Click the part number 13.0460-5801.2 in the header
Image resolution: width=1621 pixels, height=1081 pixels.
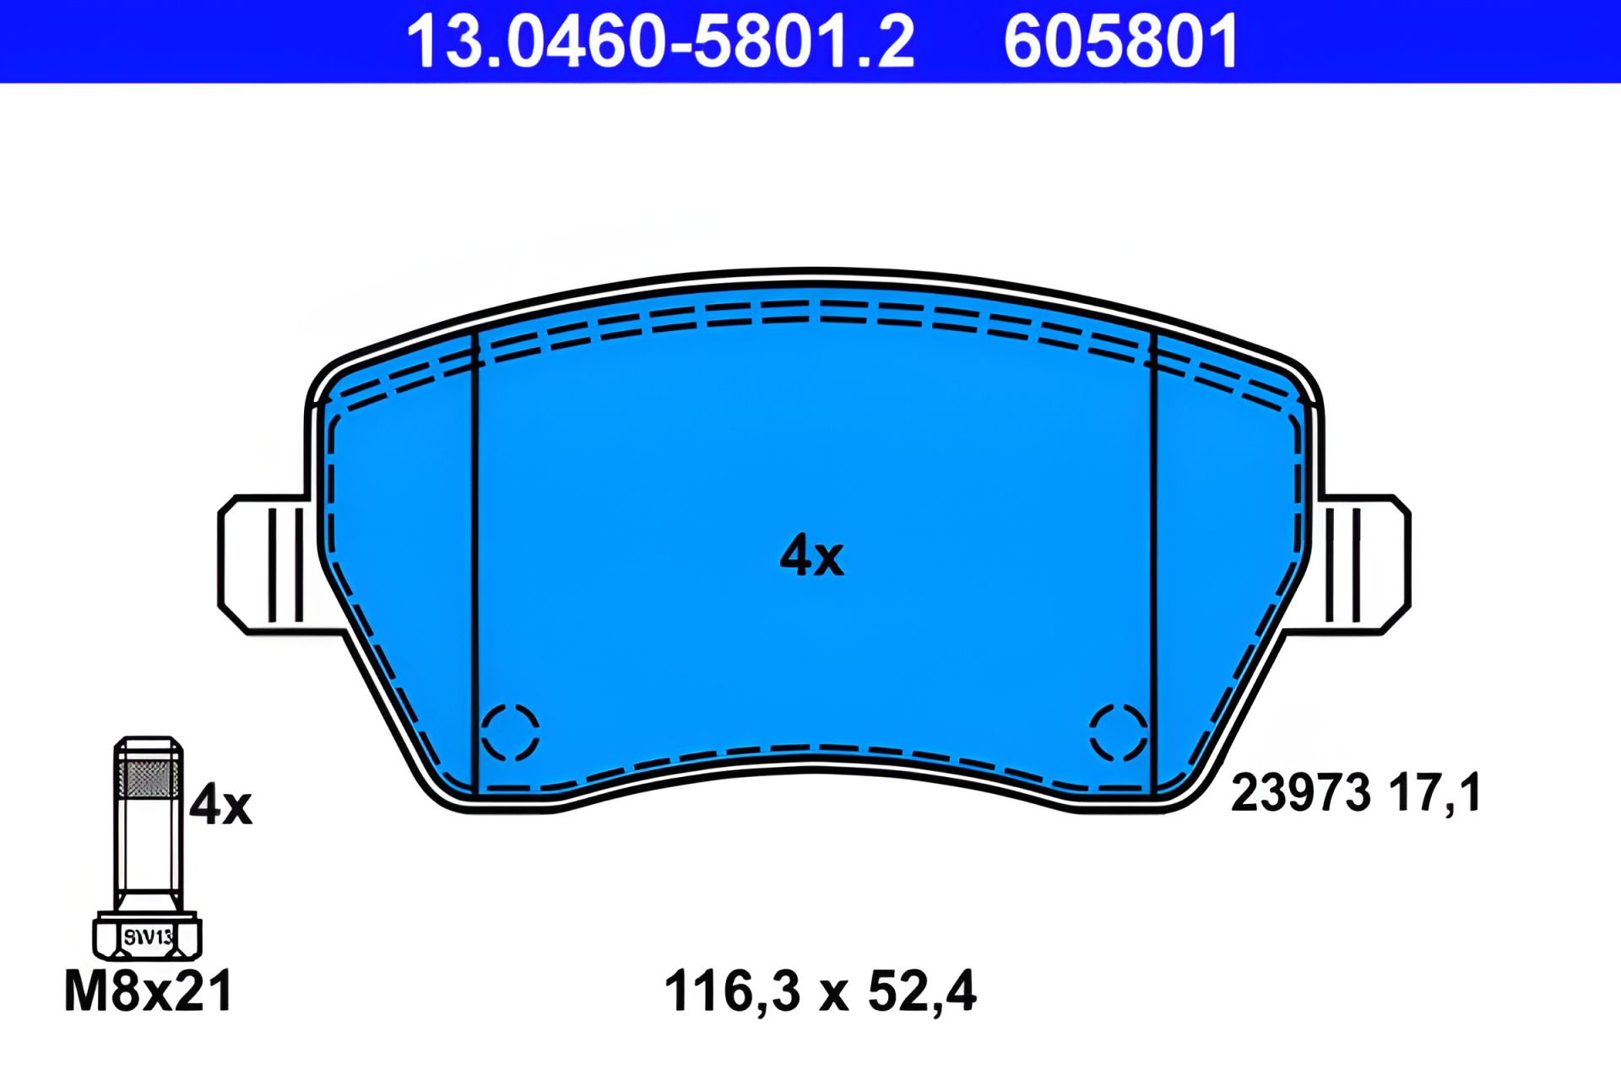coord(660,41)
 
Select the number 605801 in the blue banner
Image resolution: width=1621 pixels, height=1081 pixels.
coord(1121,41)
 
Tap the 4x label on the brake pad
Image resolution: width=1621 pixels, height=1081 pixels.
coord(811,556)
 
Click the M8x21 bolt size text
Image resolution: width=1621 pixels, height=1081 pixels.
coord(149,991)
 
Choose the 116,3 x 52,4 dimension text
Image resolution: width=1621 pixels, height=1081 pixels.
coord(820,991)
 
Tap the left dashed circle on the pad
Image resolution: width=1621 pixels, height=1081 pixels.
coord(510,732)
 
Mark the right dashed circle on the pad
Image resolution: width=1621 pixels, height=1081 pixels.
coord(1119,732)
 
